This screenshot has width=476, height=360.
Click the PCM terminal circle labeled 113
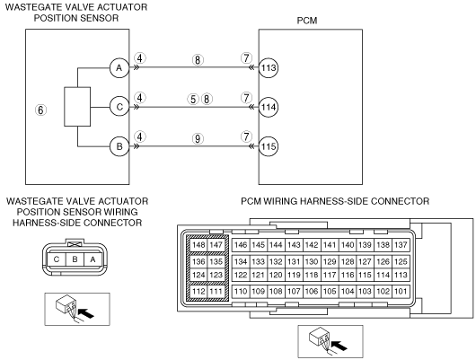coord(269,67)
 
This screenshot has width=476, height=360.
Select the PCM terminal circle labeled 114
coord(269,107)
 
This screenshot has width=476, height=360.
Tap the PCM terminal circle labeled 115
coord(269,146)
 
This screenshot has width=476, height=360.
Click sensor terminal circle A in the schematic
coord(119,67)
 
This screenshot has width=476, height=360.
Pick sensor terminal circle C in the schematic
coord(119,107)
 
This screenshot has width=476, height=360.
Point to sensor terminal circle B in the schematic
coord(119,146)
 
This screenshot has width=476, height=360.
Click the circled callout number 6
coord(40,110)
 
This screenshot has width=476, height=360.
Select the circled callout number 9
coord(198,139)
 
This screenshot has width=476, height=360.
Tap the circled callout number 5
coord(193,99)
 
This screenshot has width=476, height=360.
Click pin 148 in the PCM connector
coord(198,245)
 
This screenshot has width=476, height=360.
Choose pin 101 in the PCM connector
coord(401,291)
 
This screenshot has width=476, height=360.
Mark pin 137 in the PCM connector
coord(401,245)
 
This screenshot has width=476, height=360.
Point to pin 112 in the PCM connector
coord(198,291)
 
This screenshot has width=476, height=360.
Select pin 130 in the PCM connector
coord(312,261)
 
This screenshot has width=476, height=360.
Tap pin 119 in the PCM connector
coord(294,275)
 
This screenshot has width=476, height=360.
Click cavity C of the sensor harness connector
coord(57,259)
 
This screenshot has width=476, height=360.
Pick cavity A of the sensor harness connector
coord(93,259)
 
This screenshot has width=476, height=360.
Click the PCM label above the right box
coord(307,21)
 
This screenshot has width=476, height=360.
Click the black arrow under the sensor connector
coord(86,312)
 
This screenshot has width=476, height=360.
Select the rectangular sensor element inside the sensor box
coord(77,107)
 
